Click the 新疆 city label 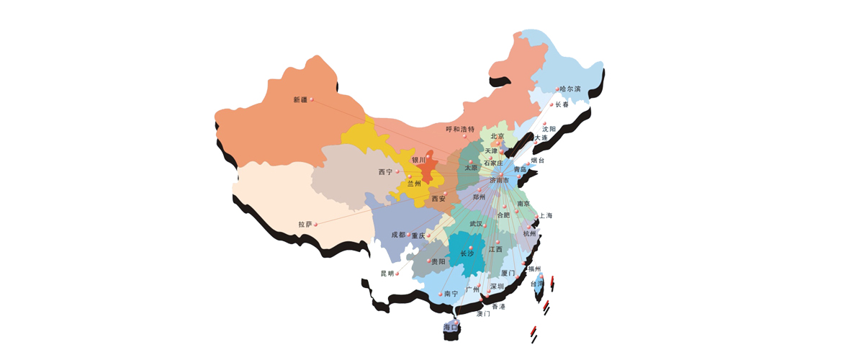pyautogui.click(x=300, y=99)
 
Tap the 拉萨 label pyautogui.click(x=305, y=225)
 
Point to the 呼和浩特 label pyautogui.click(x=460, y=130)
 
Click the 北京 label pyautogui.click(x=498, y=136)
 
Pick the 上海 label pyautogui.click(x=545, y=216)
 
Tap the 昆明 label pyautogui.click(x=387, y=274)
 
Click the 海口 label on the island pyautogui.click(x=451, y=328)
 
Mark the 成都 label pyautogui.click(x=398, y=235)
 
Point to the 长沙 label pyautogui.click(x=467, y=253)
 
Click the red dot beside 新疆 pyautogui.click(x=311, y=102)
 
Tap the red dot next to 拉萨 pyautogui.click(x=316, y=225)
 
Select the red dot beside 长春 pyautogui.click(x=552, y=105)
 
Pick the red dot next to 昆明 pyautogui.click(x=397, y=273)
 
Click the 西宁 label pyautogui.click(x=385, y=172)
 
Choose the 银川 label pyautogui.click(x=418, y=160)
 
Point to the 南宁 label pyautogui.click(x=451, y=294)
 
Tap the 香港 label pyautogui.click(x=498, y=307)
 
